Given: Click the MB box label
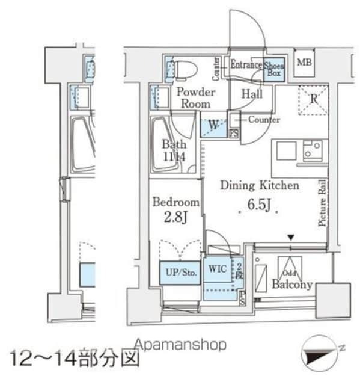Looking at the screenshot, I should pos(305,63).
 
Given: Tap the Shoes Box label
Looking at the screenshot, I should pos(275,68).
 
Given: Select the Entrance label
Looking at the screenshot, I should pos(246,65).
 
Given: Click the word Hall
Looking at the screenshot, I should pos(251,94).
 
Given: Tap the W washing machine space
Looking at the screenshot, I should pos(213,126).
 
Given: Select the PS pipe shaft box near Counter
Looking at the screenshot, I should pos(234,134).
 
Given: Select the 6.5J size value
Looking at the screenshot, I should pos(259,207).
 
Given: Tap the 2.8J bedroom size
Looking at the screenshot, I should pos(175,216).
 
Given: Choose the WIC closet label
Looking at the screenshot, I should pos(217,269).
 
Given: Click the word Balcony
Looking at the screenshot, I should pos(291,284).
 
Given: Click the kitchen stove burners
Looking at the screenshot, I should pos(313,150).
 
